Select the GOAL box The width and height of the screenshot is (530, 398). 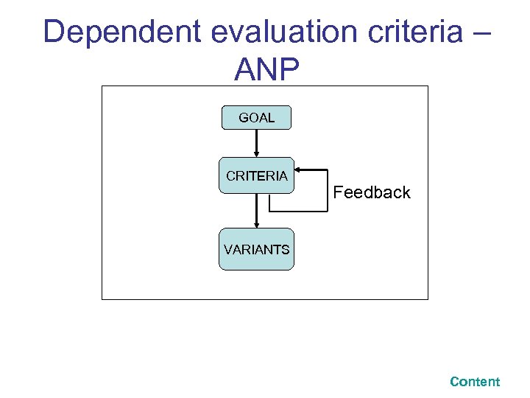tap(257, 118)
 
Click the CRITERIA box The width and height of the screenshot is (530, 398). tap(257, 176)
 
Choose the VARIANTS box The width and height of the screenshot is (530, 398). tap(257, 250)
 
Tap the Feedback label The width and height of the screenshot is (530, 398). tap(372, 193)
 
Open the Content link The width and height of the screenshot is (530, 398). tap(475, 382)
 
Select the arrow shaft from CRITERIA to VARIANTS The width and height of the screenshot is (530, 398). tap(256, 208)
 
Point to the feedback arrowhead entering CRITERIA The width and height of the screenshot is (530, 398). tap(299, 170)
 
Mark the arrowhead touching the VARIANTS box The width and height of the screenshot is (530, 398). tap(256, 225)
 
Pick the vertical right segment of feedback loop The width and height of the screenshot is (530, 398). tap(327, 190)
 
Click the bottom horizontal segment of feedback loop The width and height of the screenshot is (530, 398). tap(297, 212)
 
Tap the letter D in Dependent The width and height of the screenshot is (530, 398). tap(54, 33)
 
